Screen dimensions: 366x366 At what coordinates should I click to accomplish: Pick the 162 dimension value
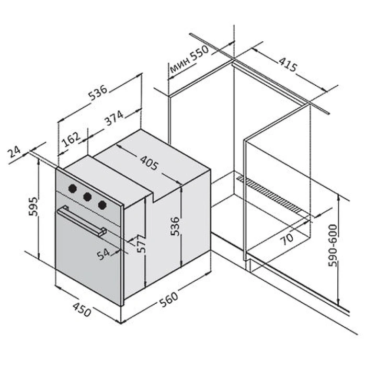coord(71,139)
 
